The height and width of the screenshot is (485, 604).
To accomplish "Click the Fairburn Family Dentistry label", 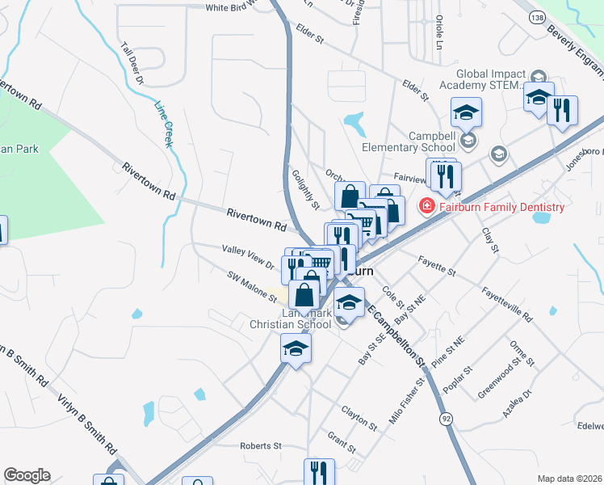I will point(501,207).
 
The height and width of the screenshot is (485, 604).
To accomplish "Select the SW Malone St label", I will point(252,286).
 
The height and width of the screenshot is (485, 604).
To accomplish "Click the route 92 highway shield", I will point(446,418).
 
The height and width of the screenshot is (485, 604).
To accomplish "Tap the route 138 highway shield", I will point(537,17).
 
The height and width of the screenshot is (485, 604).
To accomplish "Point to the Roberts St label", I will point(261,445).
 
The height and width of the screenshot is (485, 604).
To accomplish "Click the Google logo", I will point(27,475).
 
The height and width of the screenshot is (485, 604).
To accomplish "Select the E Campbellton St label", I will point(394,335).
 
